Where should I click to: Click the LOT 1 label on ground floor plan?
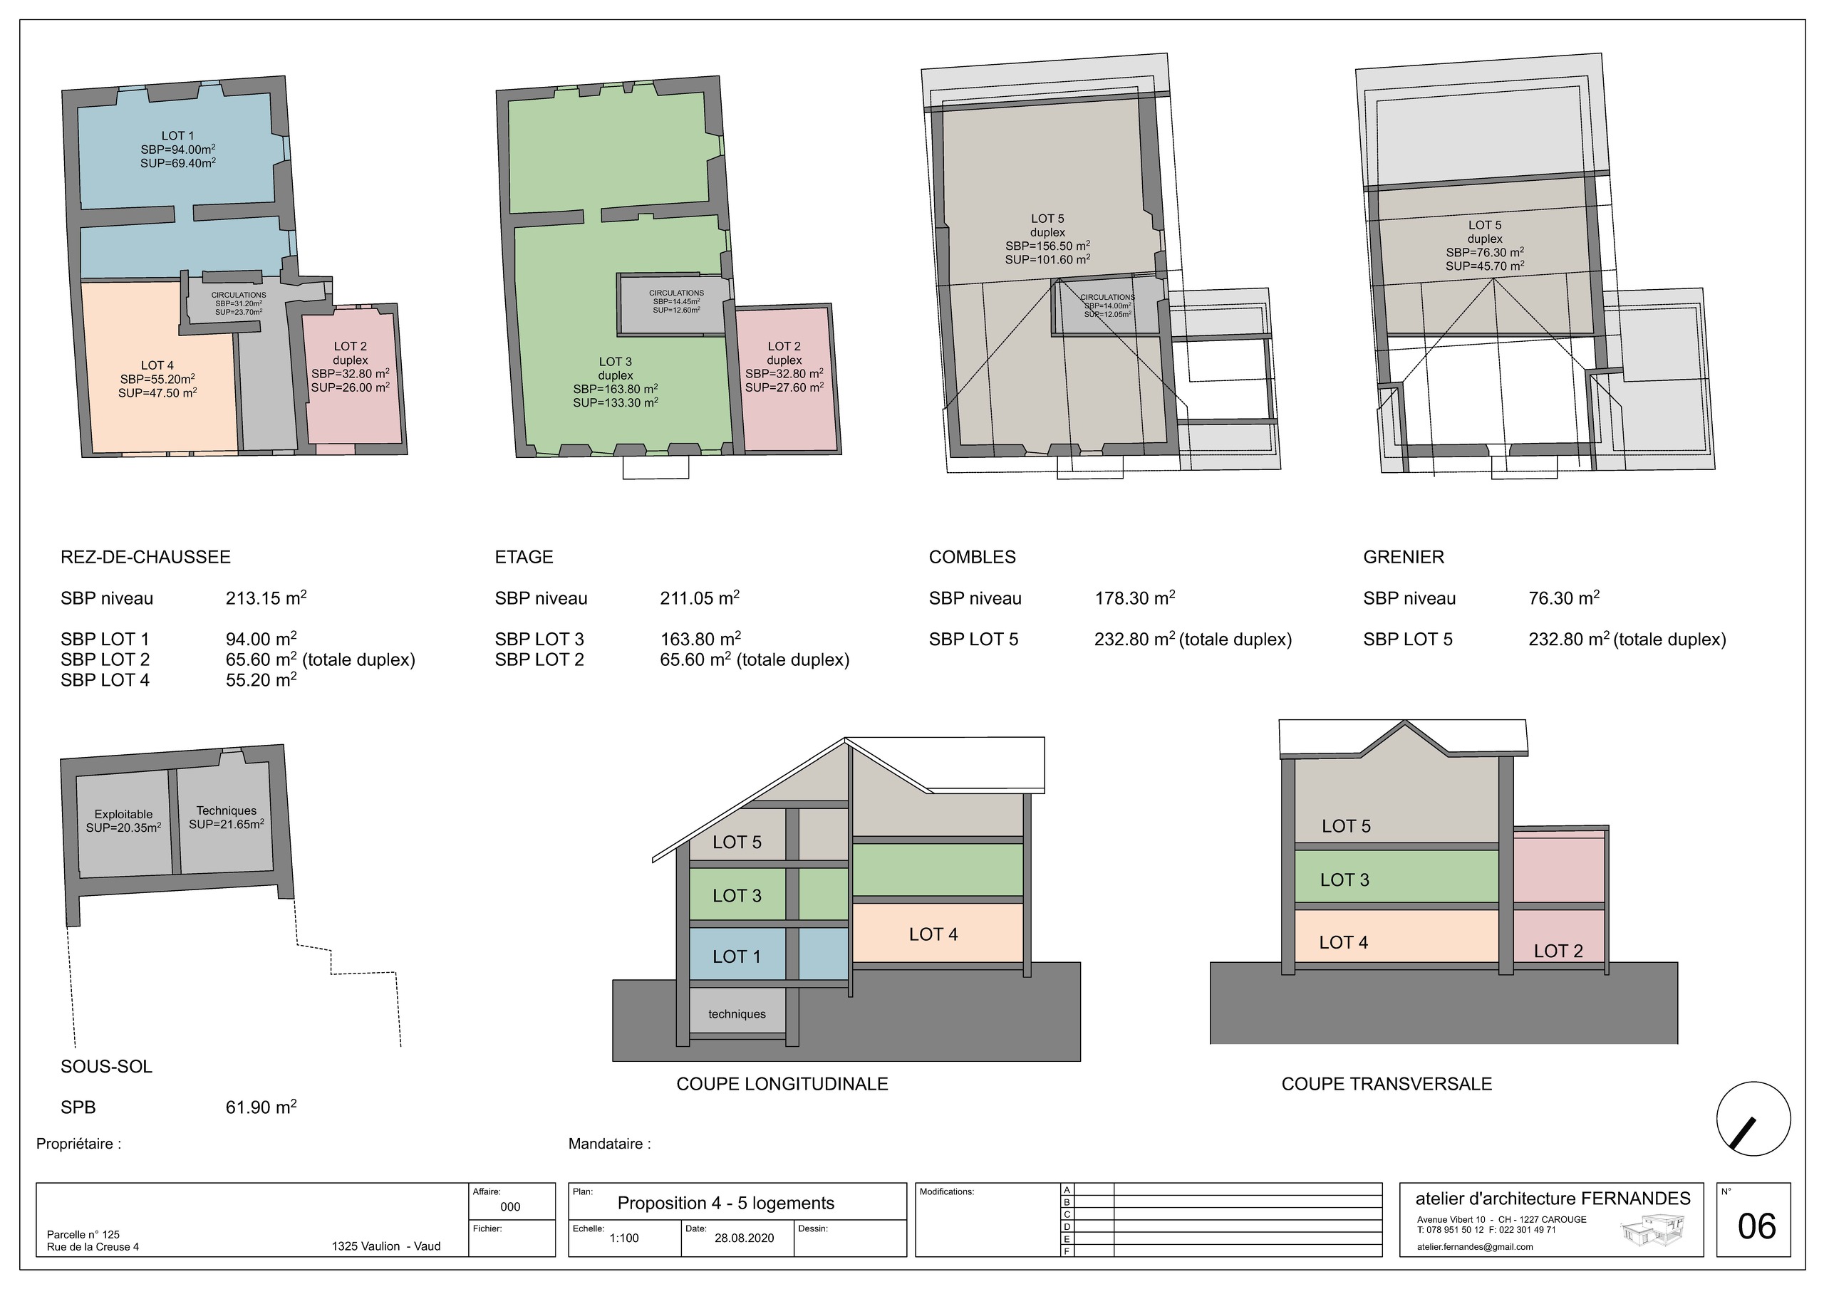pos(178,136)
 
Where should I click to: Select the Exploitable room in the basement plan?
pos(123,822)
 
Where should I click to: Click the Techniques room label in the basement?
pos(227,811)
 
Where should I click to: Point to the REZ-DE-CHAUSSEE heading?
pos(145,557)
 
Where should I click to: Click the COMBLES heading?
pos(973,557)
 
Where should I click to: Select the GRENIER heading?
pos(1404,557)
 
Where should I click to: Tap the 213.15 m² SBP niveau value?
pos(266,597)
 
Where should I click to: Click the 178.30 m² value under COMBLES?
pos(1135,597)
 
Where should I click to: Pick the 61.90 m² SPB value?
pos(261,1106)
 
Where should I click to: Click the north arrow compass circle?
pos(1753,1119)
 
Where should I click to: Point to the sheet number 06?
pos(1756,1227)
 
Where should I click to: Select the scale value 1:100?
pos(623,1238)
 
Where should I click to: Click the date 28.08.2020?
pos(745,1238)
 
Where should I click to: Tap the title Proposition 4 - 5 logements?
pos(726,1204)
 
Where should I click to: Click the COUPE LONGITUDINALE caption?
pos(782,1084)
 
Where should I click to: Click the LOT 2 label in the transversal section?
pos(1558,951)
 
